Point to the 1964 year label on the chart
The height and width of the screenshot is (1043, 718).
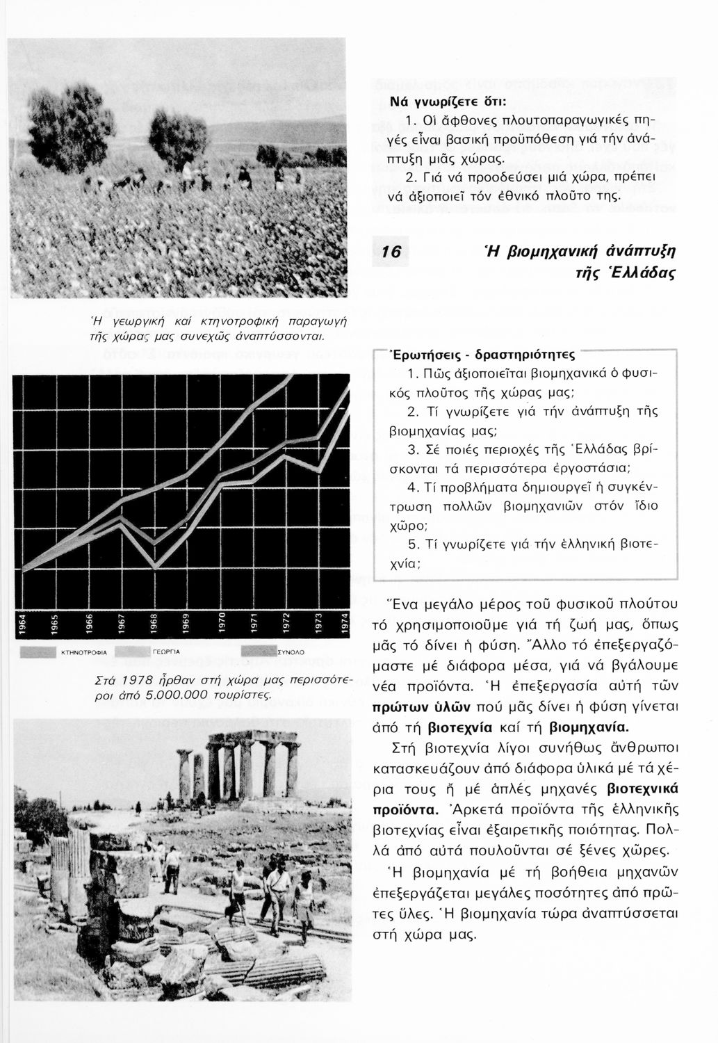[22, 622]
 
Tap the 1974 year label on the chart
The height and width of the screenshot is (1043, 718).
[343, 622]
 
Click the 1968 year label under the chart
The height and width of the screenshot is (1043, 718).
[154, 622]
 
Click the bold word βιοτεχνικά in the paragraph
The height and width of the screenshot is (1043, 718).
[643, 789]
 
